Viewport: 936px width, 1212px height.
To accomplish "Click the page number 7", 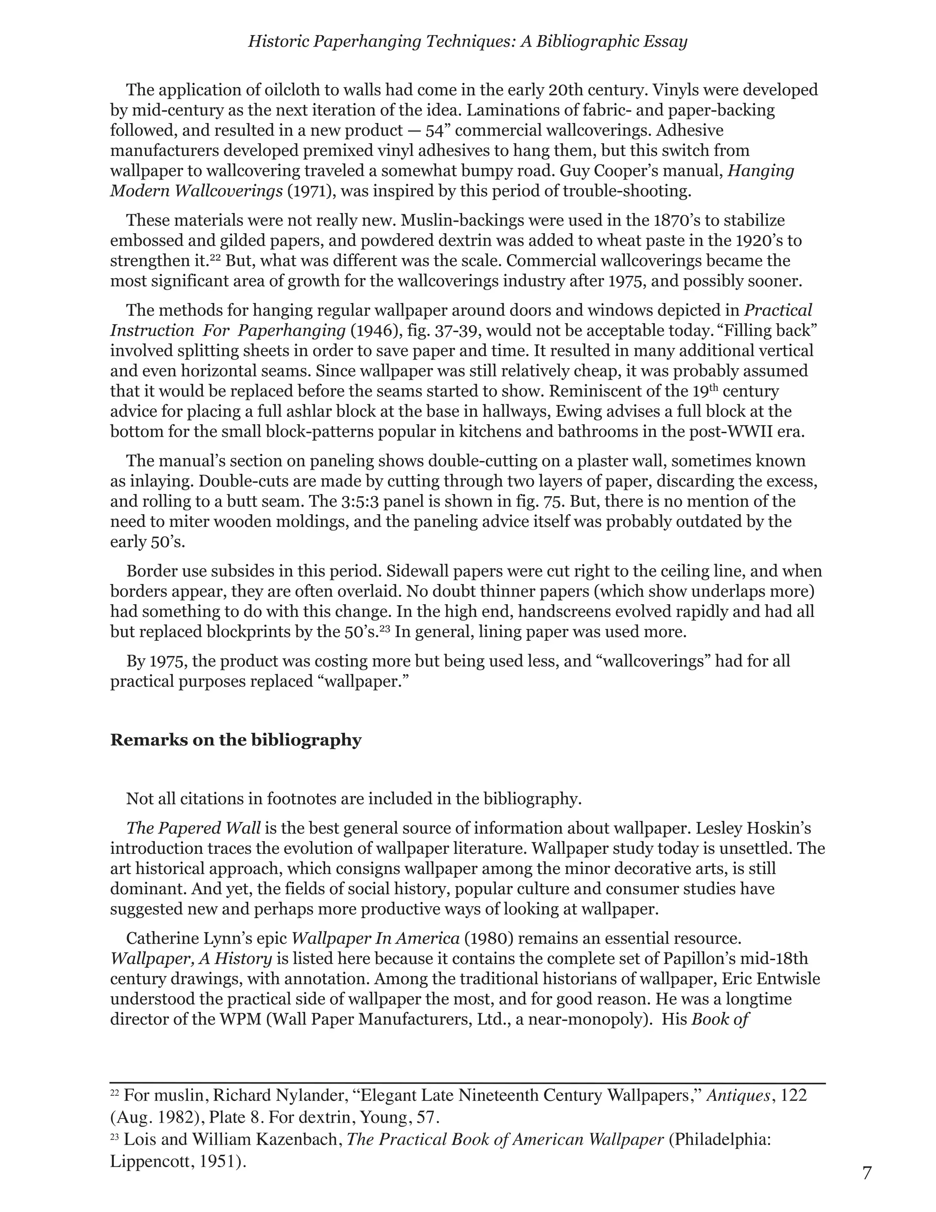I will (x=867, y=1173).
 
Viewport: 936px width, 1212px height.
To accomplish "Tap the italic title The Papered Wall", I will (x=193, y=828).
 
